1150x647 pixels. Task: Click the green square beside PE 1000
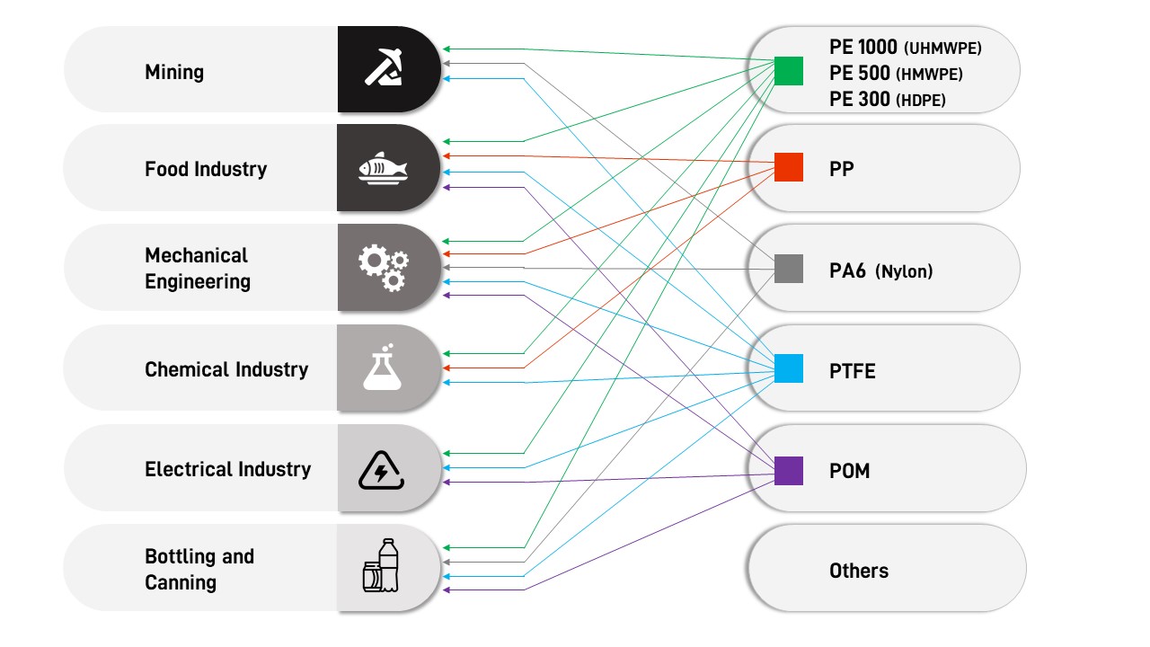pyautogui.click(x=788, y=70)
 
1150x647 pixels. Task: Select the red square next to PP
pyautogui.click(x=788, y=167)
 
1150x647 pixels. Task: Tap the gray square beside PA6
pyautogui.click(x=788, y=269)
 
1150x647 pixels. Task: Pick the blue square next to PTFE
pyautogui.click(x=788, y=368)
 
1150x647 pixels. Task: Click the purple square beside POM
pyautogui.click(x=788, y=470)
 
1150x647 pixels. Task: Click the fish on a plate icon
pyautogui.click(x=383, y=168)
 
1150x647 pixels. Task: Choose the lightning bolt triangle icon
pyautogui.click(x=382, y=469)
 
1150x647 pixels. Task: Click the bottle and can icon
pyautogui.click(x=381, y=567)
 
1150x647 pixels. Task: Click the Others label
pyautogui.click(x=858, y=571)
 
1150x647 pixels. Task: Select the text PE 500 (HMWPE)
pyautogui.click(x=895, y=74)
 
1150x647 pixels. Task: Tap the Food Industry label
pyautogui.click(x=206, y=169)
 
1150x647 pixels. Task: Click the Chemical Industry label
pyautogui.click(x=226, y=369)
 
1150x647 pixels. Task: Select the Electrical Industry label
pyautogui.click(x=227, y=469)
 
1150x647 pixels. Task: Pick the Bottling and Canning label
pyautogui.click(x=199, y=569)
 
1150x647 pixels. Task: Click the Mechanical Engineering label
pyautogui.click(x=198, y=269)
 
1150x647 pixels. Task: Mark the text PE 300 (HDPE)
pyautogui.click(x=887, y=100)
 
